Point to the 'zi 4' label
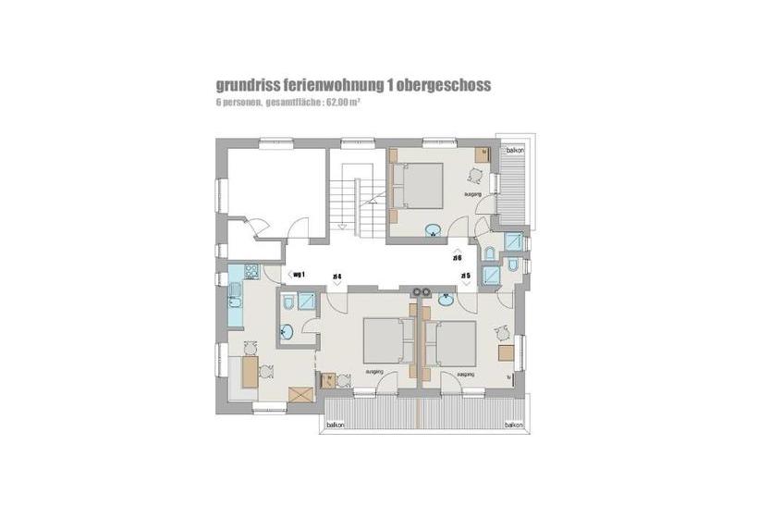click(x=337, y=277)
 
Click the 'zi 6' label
click(x=458, y=258)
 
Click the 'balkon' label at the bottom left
click(x=336, y=425)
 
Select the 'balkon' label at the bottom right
click(x=514, y=425)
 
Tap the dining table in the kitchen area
click(x=249, y=373)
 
